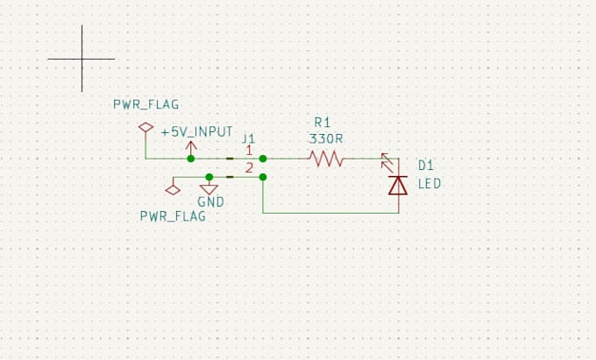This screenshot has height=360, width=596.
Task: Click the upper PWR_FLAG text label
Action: click(x=146, y=104)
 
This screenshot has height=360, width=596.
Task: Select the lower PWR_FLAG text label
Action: click(x=173, y=216)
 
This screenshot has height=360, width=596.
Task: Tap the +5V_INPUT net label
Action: click(x=197, y=131)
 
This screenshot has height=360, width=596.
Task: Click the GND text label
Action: click(x=210, y=202)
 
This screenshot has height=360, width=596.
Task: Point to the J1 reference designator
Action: click(x=249, y=138)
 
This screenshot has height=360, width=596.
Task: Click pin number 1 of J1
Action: click(x=249, y=151)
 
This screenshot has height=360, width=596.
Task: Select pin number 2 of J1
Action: click(x=249, y=168)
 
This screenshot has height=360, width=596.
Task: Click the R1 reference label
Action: click(x=323, y=123)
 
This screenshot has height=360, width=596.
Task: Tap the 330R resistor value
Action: click(x=326, y=139)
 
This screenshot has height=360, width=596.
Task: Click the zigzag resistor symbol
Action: click(x=327, y=159)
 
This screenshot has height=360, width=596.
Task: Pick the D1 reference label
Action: click(x=426, y=166)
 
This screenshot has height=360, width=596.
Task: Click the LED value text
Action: click(x=429, y=183)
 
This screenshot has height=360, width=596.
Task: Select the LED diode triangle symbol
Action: click(x=398, y=186)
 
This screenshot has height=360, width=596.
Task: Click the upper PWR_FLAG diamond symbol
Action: click(x=145, y=127)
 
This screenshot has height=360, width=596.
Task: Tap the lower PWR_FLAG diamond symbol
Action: click(x=173, y=190)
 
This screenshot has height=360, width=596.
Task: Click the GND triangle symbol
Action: click(x=209, y=189)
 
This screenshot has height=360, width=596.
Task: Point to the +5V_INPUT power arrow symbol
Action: click(x=191, y=148)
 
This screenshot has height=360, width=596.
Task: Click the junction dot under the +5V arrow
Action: click(x=191, y=159)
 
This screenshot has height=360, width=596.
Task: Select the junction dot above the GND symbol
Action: click(x=209, y=177)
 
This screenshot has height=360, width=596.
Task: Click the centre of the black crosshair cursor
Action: click(x=82, y=59)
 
